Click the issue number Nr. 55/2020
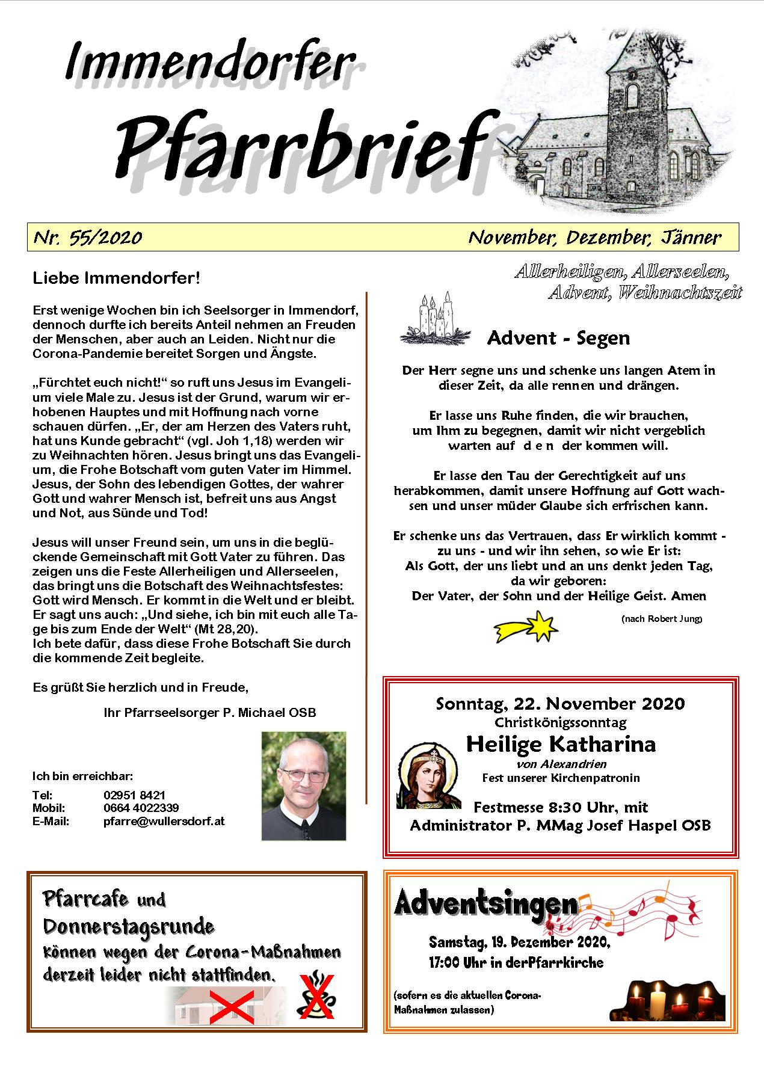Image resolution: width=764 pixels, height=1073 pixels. (x=88, y=238)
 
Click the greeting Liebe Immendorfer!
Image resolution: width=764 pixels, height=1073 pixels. (x=116, y=278)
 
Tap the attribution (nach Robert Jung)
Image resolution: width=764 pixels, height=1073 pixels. (x=661, y=619)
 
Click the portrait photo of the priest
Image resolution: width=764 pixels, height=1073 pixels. (x=304, y=786)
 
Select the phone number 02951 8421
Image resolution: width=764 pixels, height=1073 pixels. (x=134, y=795)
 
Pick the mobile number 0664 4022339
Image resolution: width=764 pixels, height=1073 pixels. (x=141, y=808)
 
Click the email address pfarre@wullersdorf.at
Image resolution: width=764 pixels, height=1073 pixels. (x=164, y=821)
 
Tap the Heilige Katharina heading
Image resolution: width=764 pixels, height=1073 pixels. (x=561, y=745)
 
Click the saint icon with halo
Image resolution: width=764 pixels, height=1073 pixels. (x=428, y=776)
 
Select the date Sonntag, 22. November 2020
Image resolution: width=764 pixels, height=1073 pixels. (x=560, y=703)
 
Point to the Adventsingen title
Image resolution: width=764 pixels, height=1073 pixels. (x=486, y=903)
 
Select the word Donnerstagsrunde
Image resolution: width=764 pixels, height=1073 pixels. (x=129, y=926)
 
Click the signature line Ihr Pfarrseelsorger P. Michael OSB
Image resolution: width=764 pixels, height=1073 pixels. (x=210, y=713)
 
